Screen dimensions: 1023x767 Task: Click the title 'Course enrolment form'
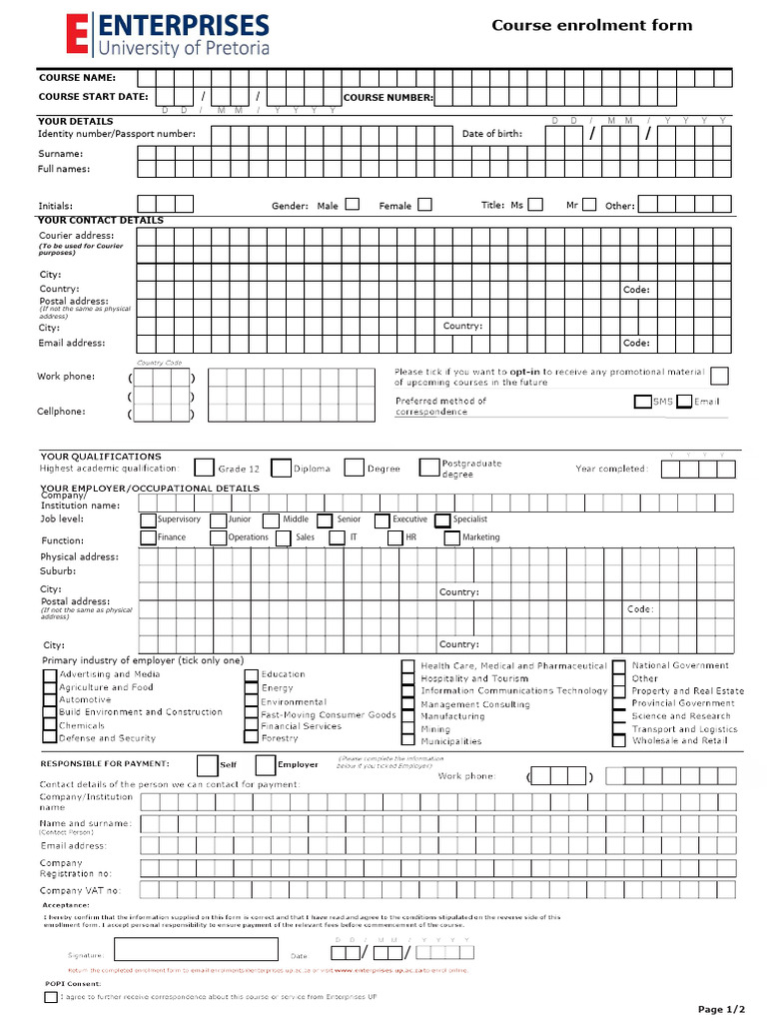tap(591, 26)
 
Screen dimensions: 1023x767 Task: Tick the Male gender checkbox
tap(353, 204)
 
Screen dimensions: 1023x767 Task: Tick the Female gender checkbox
tap(424, 204)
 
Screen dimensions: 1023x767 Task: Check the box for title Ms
tap(535, 204)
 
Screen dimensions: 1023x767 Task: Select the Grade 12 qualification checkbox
tap(204, 467)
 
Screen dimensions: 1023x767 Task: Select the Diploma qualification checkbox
tap(281, 467)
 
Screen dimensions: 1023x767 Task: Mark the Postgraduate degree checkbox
tap(428, 467)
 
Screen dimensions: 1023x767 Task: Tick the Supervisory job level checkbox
tap(148, 519)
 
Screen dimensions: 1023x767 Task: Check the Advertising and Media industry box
tap(50, 674)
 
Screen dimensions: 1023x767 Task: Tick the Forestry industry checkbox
tap(252, 738)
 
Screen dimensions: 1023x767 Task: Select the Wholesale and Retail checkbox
tap(619, 741)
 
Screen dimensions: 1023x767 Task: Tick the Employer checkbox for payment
tap(266, 765)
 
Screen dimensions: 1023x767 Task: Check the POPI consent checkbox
tap(50, 996)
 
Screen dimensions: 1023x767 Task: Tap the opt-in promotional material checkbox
tap(718, 376)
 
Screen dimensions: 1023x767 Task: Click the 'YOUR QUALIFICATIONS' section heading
tap(100, 457)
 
